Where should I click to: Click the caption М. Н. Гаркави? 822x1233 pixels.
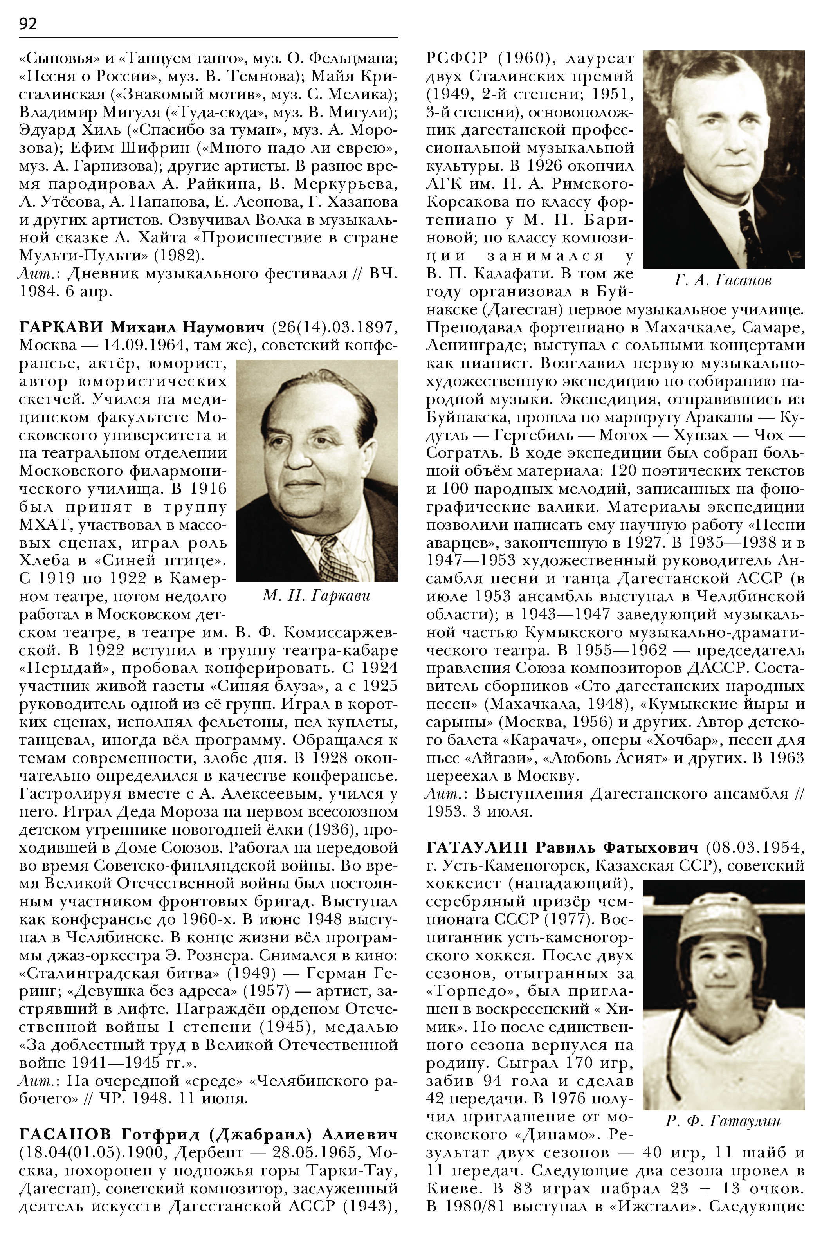317,596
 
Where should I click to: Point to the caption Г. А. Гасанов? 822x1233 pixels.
723,281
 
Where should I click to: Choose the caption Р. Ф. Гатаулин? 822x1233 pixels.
723,1121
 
